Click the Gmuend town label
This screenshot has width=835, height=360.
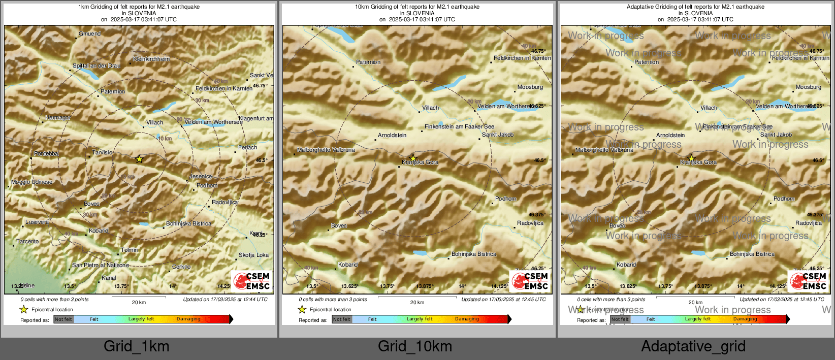pyautogui.click(x=90, y=34)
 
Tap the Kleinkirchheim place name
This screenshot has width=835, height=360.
pyautogui.click(x=151, y=59)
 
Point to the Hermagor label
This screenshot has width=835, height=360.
pyautogui.click(x=58, y=118)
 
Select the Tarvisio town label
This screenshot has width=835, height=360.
pyautogui.click(x=103, y=153)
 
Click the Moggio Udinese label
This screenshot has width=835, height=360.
pyautogui.click(x=32, y=182)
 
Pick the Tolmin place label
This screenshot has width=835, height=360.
pyautogui.click(x=130, y=250)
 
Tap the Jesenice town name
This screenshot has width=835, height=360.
pyautogui.click(x=201, y=177)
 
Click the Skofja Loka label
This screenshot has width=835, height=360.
pyautogui.click(x=253, y=255)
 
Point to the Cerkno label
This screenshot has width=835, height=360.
pyautogui.click(x=181, y=267)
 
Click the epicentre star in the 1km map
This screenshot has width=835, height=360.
pyautogui.click(x=139, y=159)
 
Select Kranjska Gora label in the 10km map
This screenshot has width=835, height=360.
pyautogui.click(x=420, y=162)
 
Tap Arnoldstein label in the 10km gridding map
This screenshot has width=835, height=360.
pyautogui.click(x=392, y=136)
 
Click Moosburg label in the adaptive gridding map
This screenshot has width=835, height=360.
pyautogui.click(x=809, y=87)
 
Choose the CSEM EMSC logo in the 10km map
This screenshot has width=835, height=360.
pyautogui.click(x=530, y=281)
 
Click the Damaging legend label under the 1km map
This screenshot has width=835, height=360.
pyautogui.click(x=188, y=319)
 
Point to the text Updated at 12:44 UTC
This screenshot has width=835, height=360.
pyautogui.click(x=225, y=300)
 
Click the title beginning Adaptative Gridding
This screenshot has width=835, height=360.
pyautogui.click(x=695, y=7)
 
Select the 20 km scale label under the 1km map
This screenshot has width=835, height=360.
pyautogui.click(x=139, y=303)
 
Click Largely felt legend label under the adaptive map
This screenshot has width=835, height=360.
pyautogui.click(x=698, y=319)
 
